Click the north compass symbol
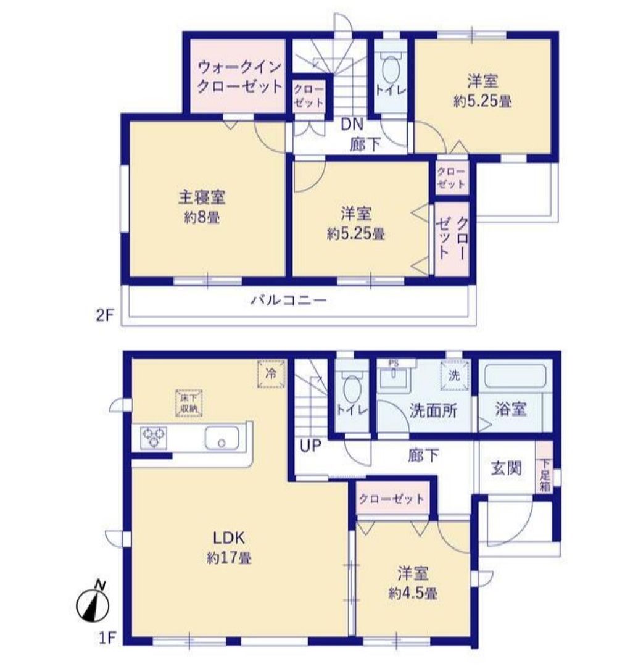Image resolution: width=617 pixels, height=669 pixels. tap(93, 602)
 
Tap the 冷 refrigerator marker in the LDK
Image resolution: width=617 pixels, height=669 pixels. tap(271, 374)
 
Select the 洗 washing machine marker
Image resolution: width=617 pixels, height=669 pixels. tap(455, 375)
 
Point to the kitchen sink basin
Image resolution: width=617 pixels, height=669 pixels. tap(222, 438)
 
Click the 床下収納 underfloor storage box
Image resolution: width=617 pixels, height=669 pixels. tap(189, 403)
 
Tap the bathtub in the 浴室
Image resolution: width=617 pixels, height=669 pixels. tap(515, 376)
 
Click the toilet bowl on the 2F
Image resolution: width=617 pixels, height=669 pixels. tap(391, 70)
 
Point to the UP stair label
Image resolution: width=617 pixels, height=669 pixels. tap(310, 446)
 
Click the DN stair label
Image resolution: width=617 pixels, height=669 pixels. tap(352, 124)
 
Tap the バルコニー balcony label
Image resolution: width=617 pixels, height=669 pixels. tap(288, 301)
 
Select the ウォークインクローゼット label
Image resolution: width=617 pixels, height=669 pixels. tap(240, 77)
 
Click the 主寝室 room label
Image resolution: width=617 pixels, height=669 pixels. tap(202, 197)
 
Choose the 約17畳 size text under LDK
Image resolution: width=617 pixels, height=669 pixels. tap(229, 558)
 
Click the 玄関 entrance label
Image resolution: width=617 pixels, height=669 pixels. tap(507, 468)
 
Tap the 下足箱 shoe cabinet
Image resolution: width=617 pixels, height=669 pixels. tap(544, 468)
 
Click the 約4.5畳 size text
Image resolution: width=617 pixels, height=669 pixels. tap(413, 594)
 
